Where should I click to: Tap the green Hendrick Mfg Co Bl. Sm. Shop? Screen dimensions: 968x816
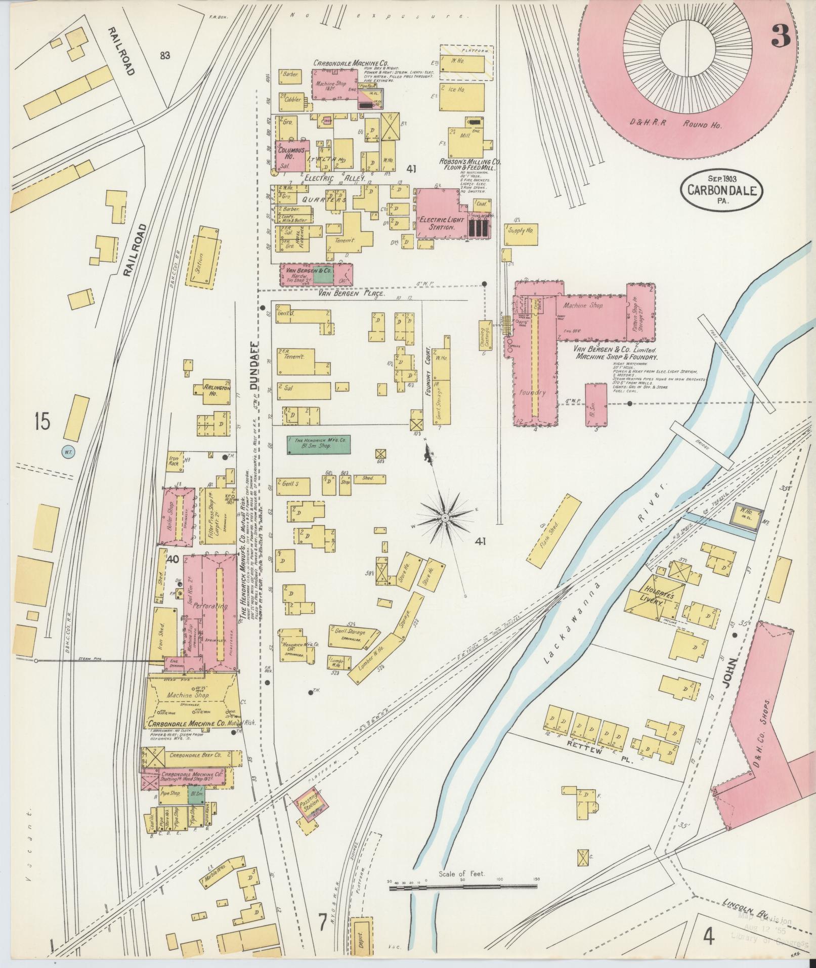point(318,444)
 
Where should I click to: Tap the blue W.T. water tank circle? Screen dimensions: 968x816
point(68,452)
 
